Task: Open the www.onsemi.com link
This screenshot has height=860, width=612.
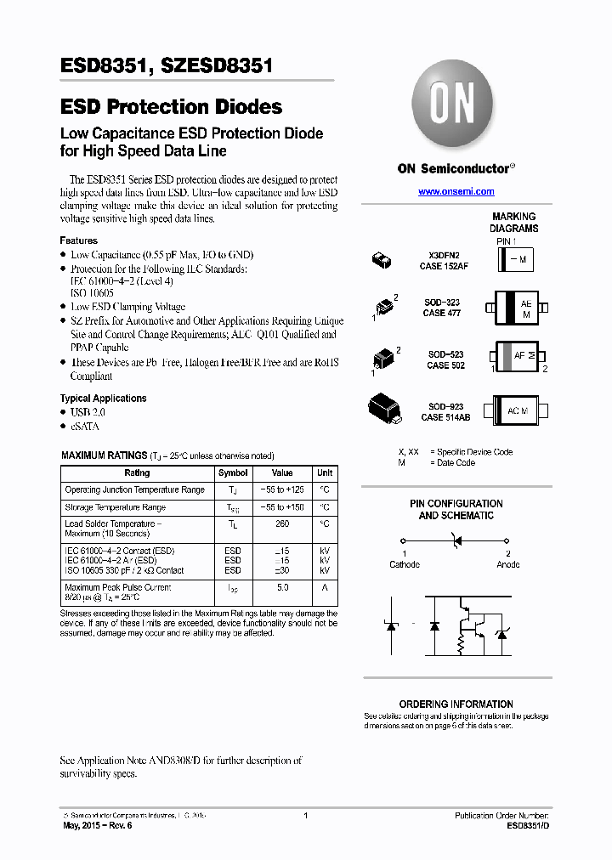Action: tap(456, 192)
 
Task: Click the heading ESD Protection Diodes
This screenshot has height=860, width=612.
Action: tap(172, 107)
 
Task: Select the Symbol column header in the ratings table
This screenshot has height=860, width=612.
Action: tap(233, 473)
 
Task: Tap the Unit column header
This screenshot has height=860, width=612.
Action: tap(325, 473)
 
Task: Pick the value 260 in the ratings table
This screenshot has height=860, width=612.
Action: tap(281, 524)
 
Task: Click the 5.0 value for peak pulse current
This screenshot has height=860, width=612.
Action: tap(282, 587)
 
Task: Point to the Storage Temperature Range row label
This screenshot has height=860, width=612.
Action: tap(115, 507)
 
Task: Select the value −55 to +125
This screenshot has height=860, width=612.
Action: tap(282, 490)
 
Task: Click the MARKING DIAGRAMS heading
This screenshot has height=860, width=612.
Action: tap(513, 223)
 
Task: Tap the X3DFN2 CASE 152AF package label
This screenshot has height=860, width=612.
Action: tap(444, 261)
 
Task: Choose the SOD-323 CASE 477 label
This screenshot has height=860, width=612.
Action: tap(442, 308)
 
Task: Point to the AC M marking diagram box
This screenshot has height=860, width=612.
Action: tap(518, 411)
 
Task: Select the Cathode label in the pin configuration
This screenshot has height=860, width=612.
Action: tap(405, 564)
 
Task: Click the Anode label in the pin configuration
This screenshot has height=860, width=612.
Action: tap(507, 564)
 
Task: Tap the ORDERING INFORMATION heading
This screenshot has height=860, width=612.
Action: tap(456, 704)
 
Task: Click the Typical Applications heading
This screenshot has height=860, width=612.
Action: tap(103, 399)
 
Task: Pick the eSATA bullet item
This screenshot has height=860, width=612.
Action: tap(84, 426)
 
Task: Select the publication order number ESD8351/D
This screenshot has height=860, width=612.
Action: tap(528, 825)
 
